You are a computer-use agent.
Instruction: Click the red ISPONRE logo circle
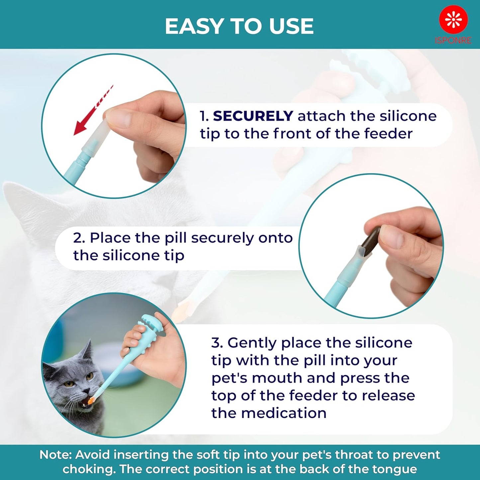click(x=453, y=19)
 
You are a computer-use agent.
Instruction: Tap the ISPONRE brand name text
click(x=453, y=41)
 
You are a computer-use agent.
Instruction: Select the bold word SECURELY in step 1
click(x=253, y=116)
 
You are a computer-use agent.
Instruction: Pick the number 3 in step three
click(x=217, y=343)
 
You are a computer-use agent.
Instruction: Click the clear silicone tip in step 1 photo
click(x=96, y=135)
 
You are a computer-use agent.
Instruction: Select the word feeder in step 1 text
click(x=388, y=134)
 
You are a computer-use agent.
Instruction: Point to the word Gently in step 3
click(x=252, y=343)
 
